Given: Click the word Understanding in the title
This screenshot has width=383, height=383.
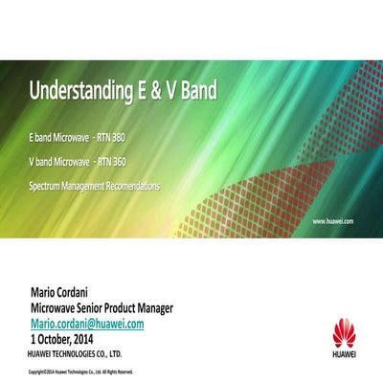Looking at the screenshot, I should tap(84, 93).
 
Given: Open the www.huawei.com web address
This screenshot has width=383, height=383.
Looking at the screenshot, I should tap(334, 220).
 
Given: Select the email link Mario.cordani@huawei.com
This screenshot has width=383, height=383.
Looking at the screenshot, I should tap(87, 324).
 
